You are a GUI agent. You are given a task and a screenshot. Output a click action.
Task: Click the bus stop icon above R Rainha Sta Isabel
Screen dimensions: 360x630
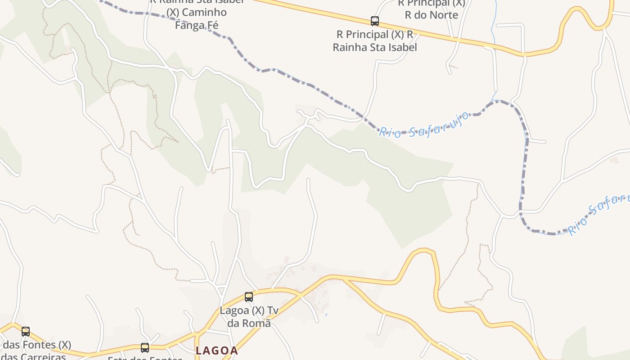tap(374, 21)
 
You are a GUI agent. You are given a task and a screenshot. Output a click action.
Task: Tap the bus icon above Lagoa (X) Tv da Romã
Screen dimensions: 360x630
tap(249, 297)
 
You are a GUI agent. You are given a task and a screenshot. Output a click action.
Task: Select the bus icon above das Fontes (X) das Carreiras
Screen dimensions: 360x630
tap(26, 332)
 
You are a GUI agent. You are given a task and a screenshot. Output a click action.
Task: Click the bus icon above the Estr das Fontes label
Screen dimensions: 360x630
tap(145, 347)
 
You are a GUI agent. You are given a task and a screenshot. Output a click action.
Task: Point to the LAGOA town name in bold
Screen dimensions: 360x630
tap(216, 350)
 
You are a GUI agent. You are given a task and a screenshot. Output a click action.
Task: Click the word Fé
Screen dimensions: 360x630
tap(212, 25)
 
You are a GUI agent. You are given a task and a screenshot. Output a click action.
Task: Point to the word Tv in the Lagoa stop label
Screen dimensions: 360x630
tap(273, 310)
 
